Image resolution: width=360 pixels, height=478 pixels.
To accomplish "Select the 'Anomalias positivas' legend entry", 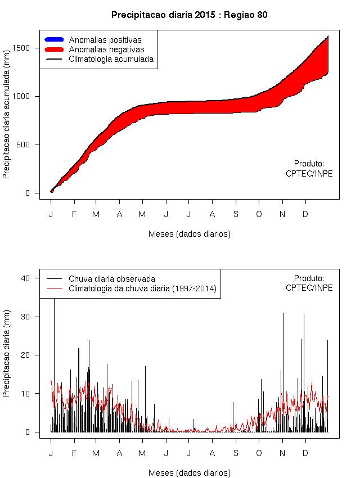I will tap(105, 40).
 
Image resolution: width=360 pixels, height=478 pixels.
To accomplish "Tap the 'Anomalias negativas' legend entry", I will tap(106, 49).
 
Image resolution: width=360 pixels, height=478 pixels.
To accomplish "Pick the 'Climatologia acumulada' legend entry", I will tap(111, 58).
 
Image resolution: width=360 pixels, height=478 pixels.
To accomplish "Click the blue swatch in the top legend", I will tap(54, 40).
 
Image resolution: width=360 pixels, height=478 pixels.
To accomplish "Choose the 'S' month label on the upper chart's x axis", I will tap(236, 214).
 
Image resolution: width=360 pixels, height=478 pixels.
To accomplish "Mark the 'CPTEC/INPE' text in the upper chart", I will tap(309, 174).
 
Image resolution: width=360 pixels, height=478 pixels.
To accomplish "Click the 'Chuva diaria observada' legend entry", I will tap(111, 279).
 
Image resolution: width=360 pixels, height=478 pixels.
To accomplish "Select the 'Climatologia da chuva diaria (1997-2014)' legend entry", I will tap(142, 288).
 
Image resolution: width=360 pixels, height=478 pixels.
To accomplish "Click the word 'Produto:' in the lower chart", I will tap(309, 278).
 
